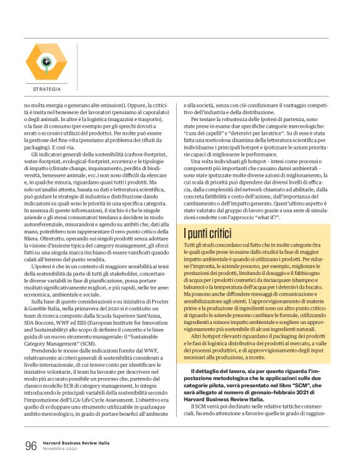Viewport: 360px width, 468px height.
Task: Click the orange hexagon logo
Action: [46, 62]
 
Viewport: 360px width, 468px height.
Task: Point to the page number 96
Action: [31, 446]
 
